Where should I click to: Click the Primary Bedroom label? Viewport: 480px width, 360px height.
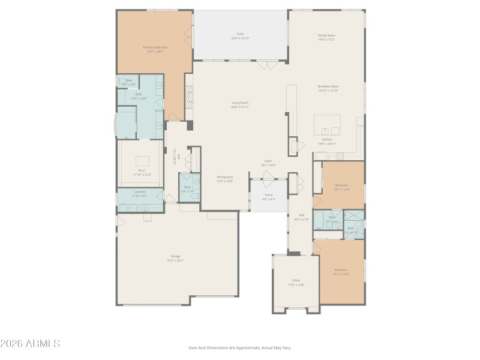155,47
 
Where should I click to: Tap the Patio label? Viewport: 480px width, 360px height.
240,34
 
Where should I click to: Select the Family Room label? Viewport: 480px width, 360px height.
326,35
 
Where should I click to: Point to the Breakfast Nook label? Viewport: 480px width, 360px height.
328,86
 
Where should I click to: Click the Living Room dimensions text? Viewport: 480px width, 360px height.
240,107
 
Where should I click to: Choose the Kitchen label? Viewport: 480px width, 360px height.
326,139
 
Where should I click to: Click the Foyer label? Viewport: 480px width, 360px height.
269,161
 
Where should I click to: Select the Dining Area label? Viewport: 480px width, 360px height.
225,177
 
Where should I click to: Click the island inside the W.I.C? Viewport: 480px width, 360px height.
142,161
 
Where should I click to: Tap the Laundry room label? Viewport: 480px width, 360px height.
140,191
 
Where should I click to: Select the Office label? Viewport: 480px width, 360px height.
296,280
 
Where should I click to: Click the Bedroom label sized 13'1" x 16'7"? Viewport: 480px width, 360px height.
341,270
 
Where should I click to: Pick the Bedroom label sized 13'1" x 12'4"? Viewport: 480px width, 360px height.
341,185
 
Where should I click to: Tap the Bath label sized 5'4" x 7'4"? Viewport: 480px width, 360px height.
188,187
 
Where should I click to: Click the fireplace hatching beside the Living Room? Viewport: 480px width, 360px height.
189,96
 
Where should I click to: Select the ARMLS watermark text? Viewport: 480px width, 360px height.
30,344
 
